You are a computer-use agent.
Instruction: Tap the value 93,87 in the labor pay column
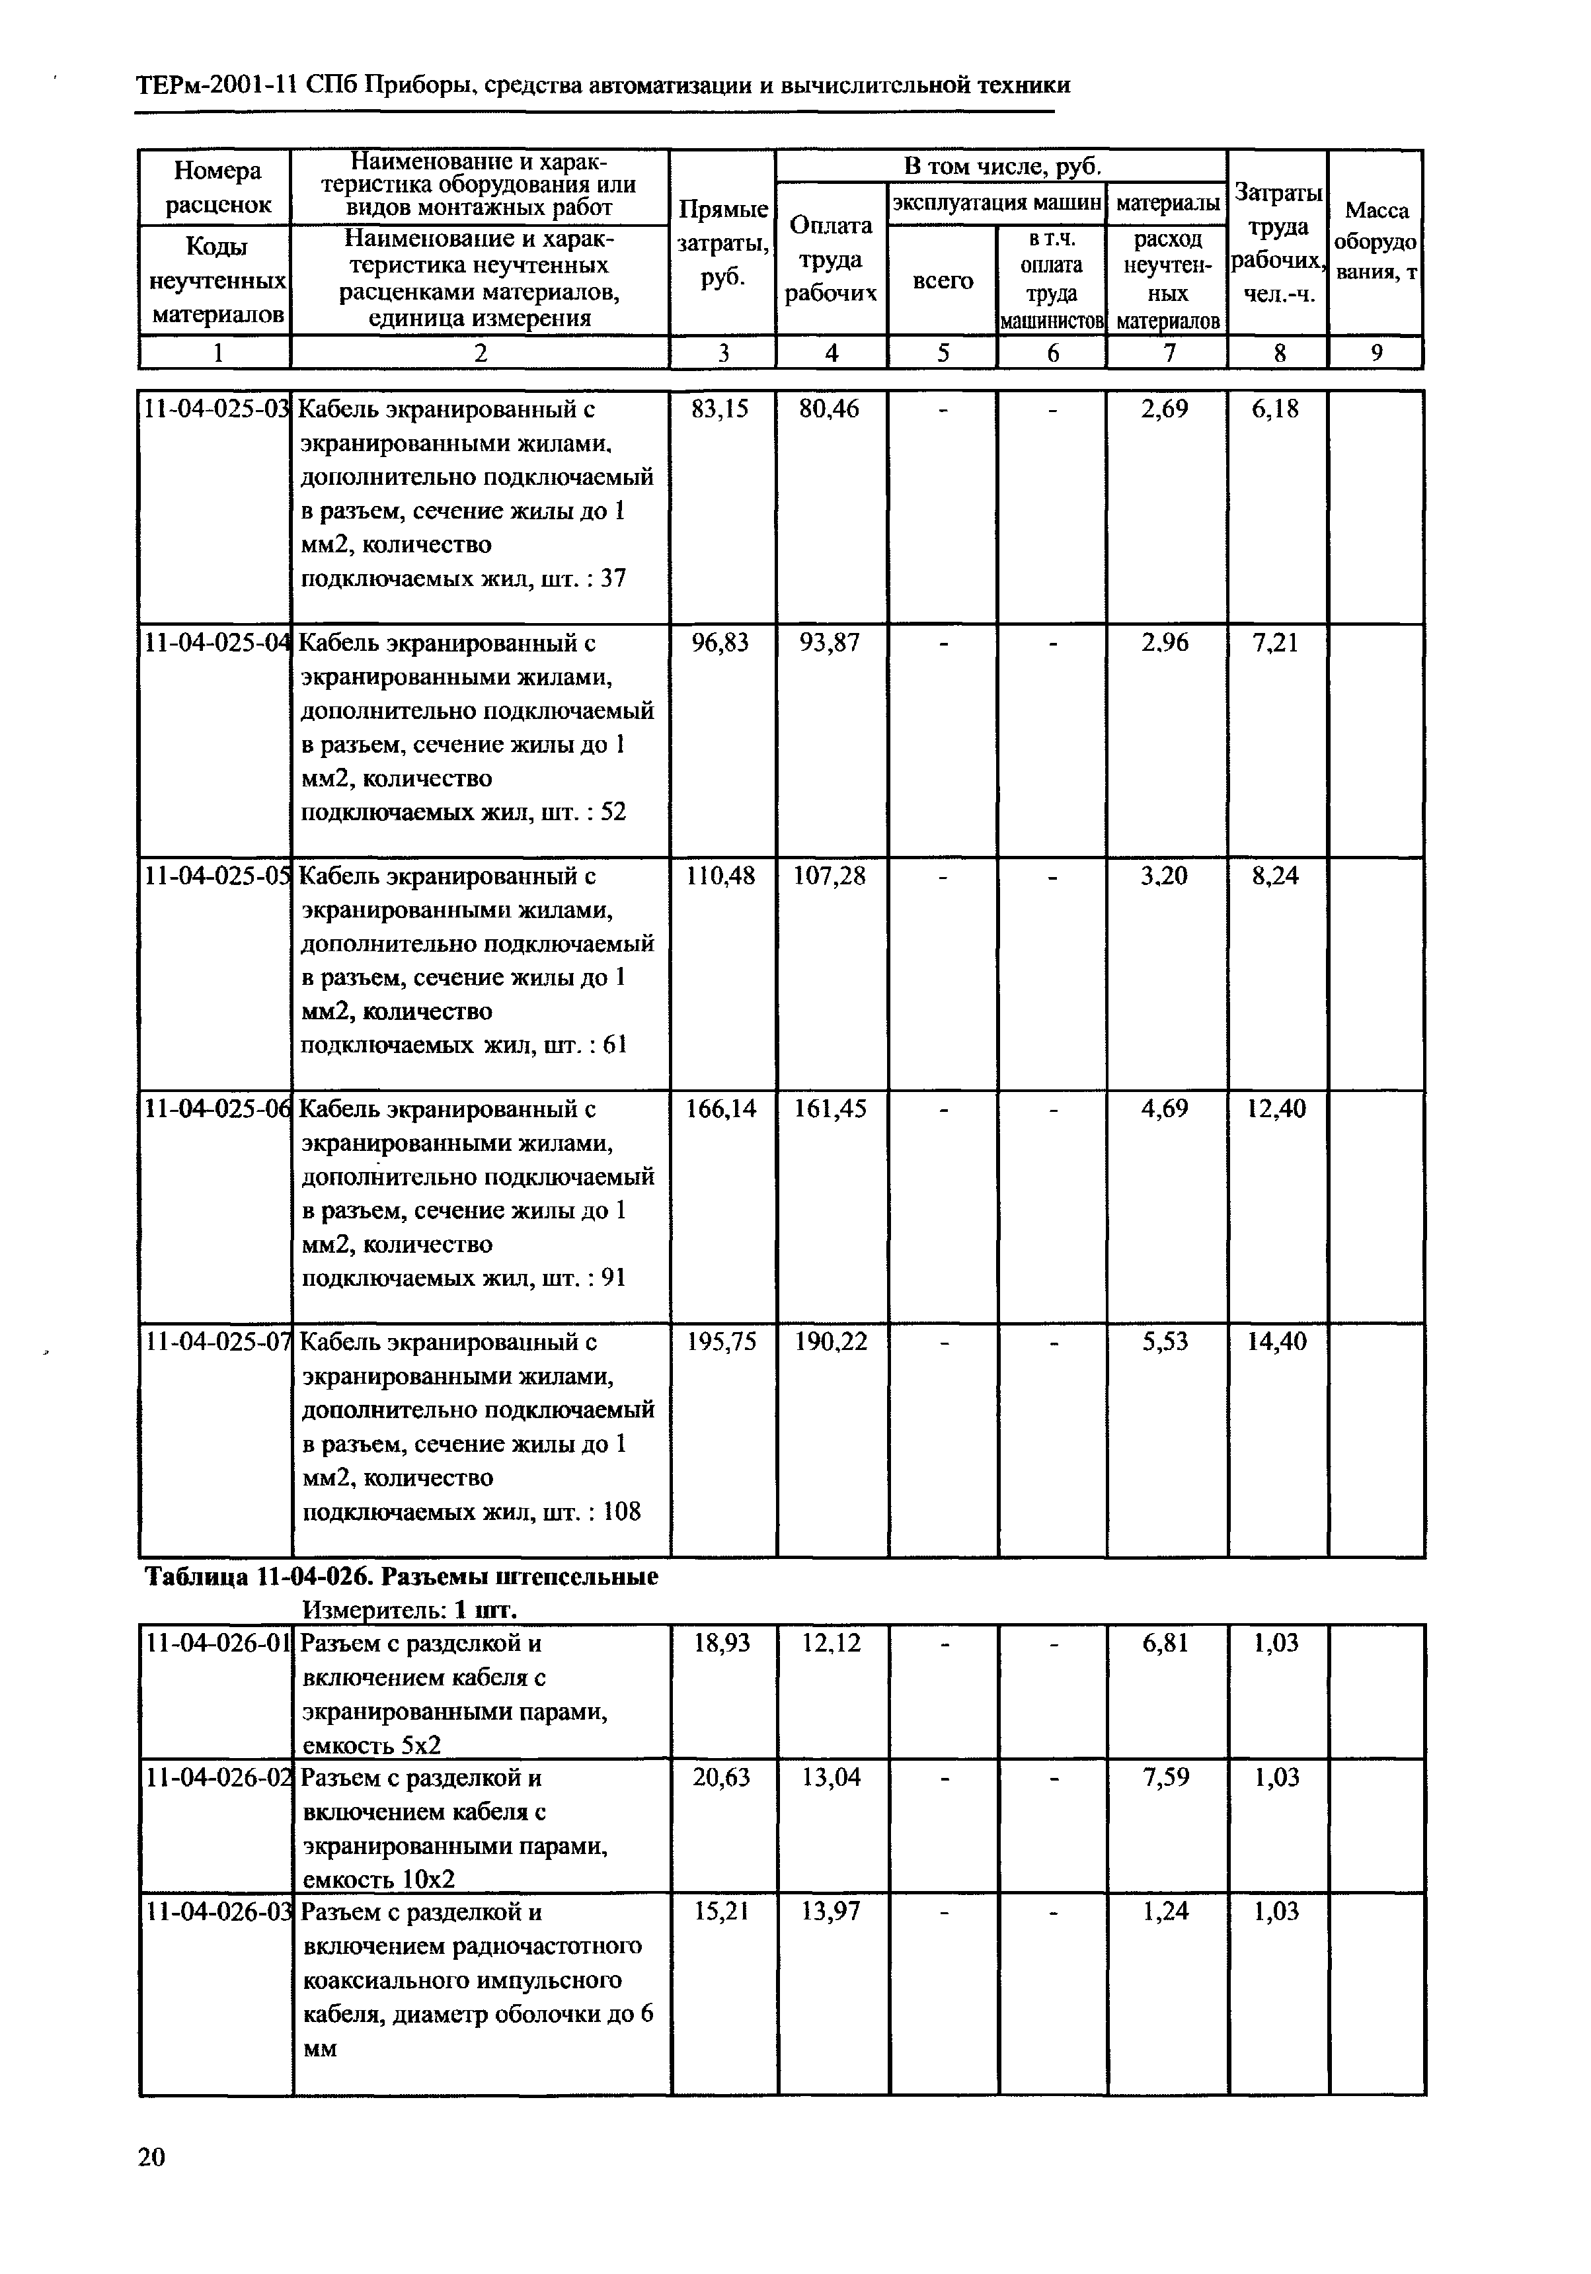831,644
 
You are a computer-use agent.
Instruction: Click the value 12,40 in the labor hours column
1276,1109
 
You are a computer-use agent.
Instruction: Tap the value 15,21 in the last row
720,1912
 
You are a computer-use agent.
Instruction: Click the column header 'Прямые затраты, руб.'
722,243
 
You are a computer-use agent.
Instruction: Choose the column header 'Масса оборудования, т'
1375,241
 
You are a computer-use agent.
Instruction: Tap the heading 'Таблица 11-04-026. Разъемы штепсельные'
401,1576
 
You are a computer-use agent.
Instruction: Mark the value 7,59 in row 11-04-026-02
1165,1778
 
